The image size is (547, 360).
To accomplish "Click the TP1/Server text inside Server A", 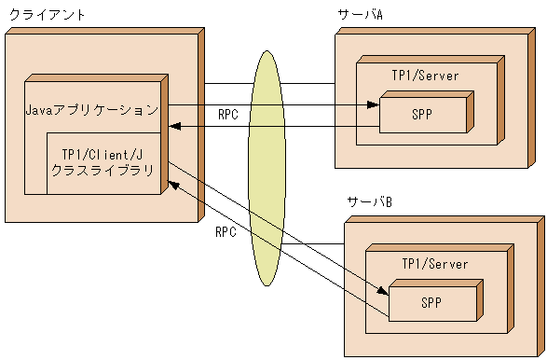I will pyautogui.click(x=424, y=76).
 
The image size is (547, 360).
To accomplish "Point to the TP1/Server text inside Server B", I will pyautogui.click(x=434, y=264).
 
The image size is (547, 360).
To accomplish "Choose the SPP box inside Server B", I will pyautogui.click(x=430, y=302).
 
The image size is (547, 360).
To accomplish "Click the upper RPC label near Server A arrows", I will pyautogui.click(x=228, y=116).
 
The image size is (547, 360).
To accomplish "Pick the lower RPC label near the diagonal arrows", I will pyautogui.click(x=226, y=231).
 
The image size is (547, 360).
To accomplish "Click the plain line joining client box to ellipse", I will pyautogui.click(x=227, y=84).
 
